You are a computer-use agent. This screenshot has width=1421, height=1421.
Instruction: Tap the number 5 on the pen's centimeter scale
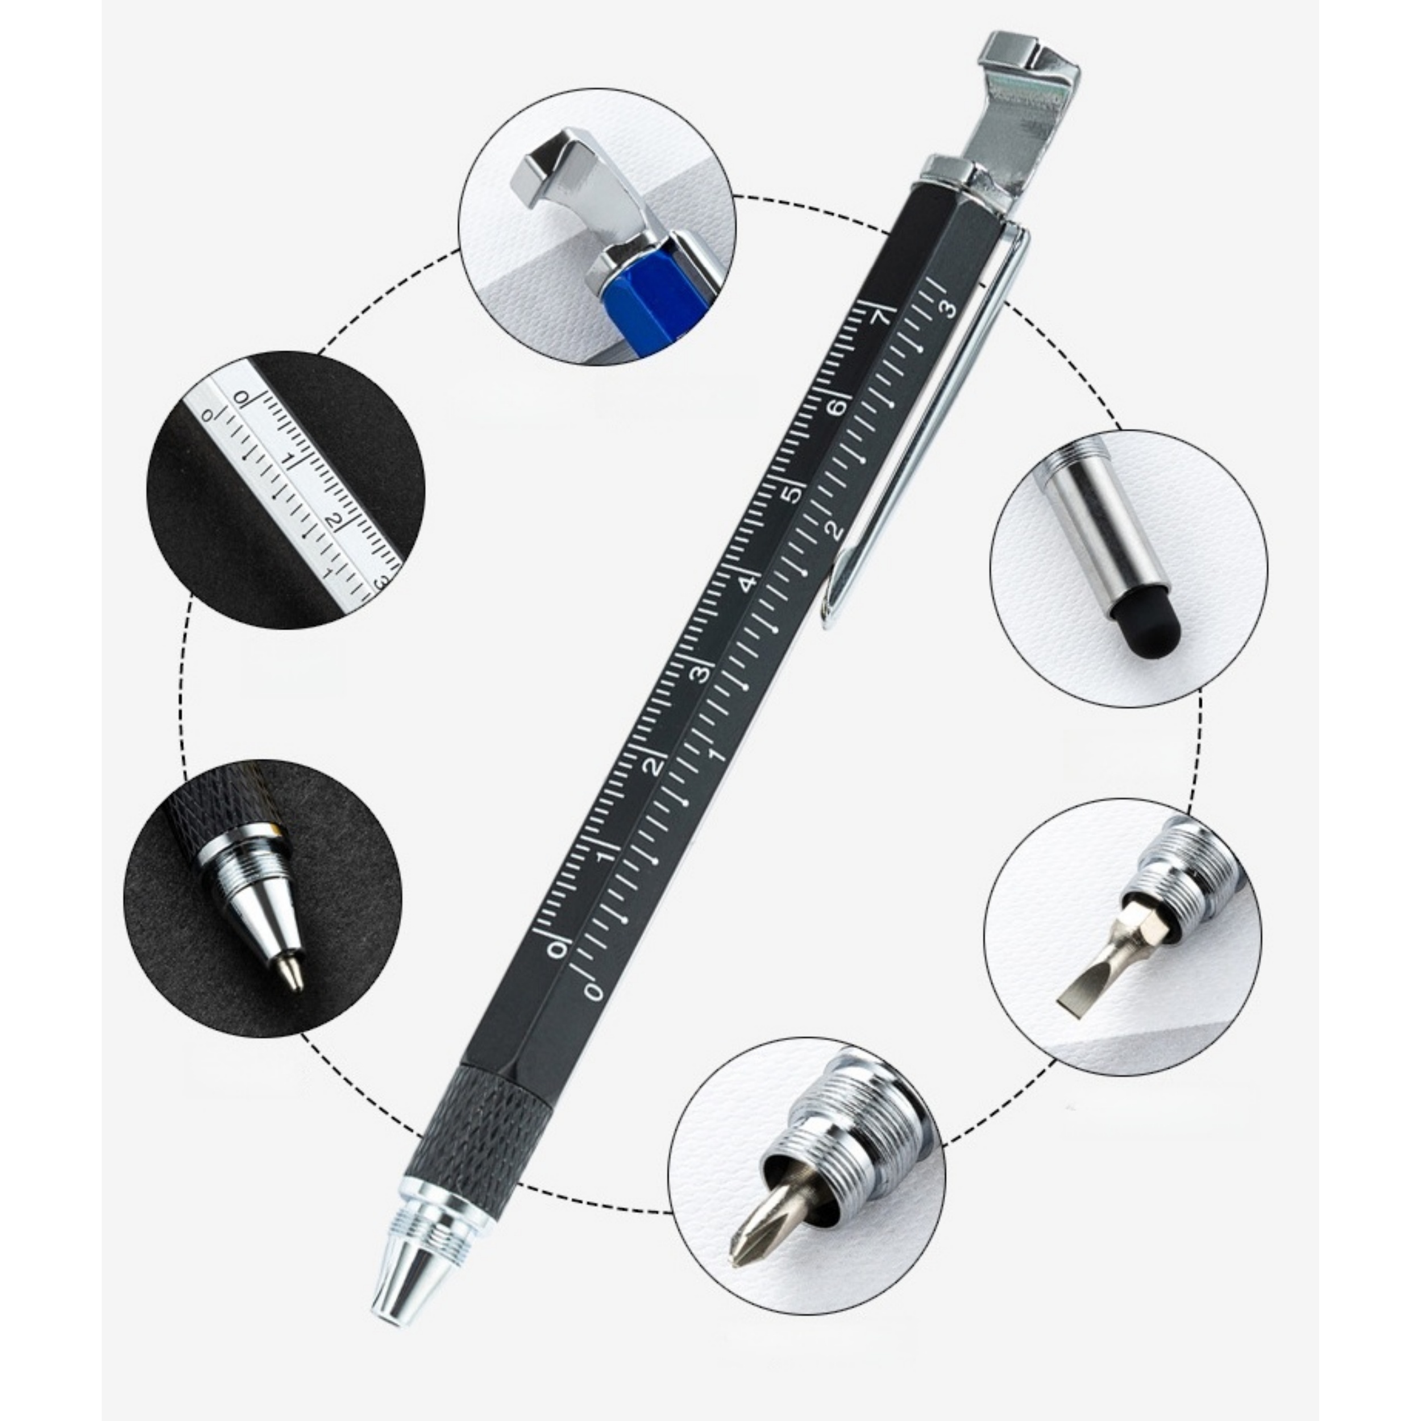point(792,495)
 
